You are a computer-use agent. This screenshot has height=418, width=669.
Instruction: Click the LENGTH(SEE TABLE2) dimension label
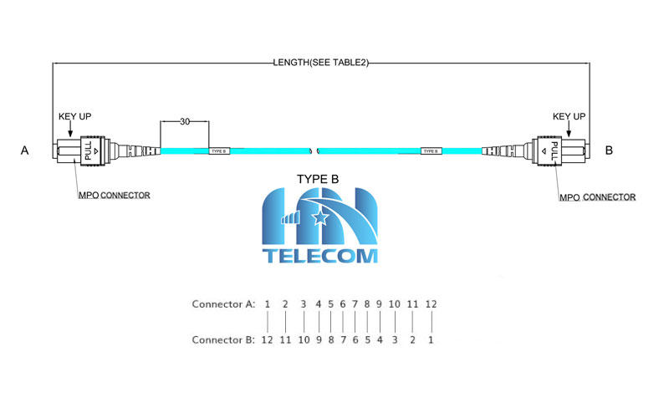coord(321,62)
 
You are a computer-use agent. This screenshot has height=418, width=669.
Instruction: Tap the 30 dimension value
coord(184,122)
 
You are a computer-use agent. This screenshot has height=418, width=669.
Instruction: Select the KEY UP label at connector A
coord(74,116)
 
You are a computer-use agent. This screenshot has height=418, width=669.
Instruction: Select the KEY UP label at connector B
coord(569,116)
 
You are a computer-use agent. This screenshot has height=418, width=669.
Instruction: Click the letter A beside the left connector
coord(25,150)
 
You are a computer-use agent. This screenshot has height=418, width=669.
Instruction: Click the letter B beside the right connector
coord(609,150)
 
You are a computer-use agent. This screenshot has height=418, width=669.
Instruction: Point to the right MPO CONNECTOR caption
coord(597,197)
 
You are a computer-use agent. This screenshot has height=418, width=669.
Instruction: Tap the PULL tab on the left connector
coord(89,151)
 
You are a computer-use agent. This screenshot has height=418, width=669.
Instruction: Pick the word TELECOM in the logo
coord(319,256)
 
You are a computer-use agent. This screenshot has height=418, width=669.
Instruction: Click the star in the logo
coord(319,219)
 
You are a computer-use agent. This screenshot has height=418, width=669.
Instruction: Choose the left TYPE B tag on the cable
coord(219,151)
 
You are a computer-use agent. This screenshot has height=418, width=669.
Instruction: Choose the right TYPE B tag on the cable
coord(431,151)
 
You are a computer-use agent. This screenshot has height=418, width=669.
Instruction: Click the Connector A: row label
coord(222,303)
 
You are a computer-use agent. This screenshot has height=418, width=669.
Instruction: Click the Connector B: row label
coord(222,340)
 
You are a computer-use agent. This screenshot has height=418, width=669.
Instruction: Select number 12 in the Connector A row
coord(431,303)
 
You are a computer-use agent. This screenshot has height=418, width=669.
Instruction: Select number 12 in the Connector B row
coord(267,340)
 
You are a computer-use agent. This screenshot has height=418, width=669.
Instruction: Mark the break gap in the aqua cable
coord(314,150)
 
